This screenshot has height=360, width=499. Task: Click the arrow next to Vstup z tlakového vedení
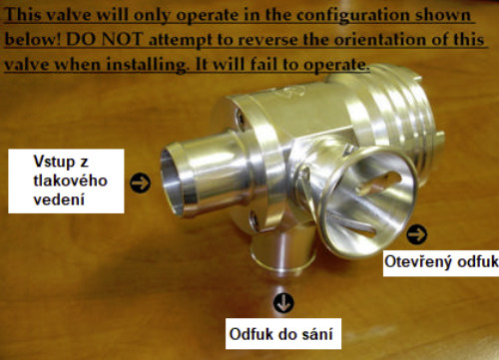tap(140, 182)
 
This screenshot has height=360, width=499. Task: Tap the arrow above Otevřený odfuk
tap(417, 234)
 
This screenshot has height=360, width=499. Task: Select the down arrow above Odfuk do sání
tap(283, 303)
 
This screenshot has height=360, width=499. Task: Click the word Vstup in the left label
tap(54, 162)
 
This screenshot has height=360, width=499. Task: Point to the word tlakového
tap(70, 180)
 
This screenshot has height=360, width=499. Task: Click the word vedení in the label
tap(59, 199)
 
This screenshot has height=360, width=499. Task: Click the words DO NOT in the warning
tap(105, 40)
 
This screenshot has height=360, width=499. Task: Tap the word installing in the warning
tap(147, 65)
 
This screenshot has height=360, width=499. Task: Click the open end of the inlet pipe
tap(173, 181)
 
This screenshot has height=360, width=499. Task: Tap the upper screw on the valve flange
tap(241, 119)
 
